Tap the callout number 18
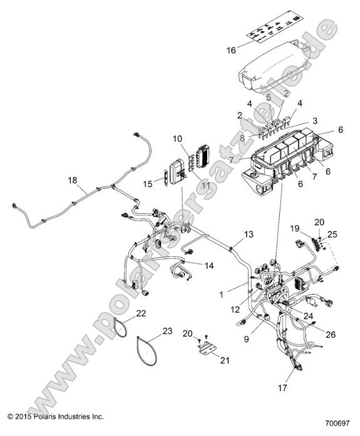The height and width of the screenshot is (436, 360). click(73, 180)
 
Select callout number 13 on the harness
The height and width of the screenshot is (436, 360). click(249, 234)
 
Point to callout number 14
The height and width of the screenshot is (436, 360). click(208, 265)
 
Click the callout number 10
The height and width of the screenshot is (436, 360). click(177, 138)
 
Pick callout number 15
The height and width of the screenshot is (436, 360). click(148, 183)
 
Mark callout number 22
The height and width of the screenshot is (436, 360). click(141, 312)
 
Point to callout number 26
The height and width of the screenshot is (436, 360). click(330, 334)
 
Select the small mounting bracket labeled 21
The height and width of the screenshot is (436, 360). click(205, 349)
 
